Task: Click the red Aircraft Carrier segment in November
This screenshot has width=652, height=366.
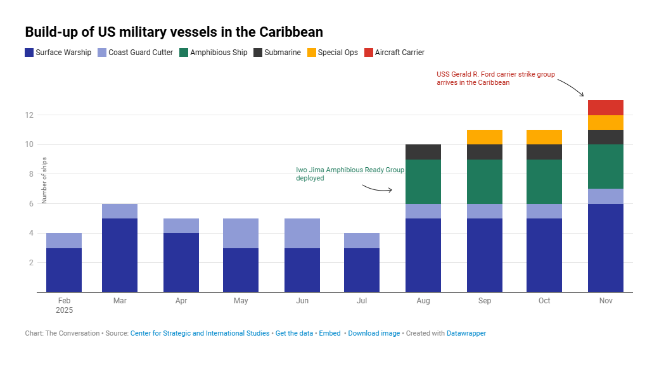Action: pos(605,108)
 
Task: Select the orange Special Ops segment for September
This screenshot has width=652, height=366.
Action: pos(484,137)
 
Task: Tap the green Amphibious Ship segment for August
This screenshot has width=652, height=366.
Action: pos(423,181)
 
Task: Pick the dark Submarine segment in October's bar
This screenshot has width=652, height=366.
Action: pos(544,152)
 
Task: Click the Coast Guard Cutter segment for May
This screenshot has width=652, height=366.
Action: pos(241,233)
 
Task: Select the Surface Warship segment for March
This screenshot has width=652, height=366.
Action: pos(120,255)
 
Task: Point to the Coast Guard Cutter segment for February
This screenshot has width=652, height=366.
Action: pos(64,241)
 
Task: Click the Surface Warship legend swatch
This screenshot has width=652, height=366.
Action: pos(29,53)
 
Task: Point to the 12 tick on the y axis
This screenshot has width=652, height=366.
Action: pos(29,115)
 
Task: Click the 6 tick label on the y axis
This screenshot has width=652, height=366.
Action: pos(30,204)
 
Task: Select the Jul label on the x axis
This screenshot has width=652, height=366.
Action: pos(362,301)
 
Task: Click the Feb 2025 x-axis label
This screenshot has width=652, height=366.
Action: pos(64,305)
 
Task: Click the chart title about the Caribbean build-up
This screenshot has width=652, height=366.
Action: pos(174,32)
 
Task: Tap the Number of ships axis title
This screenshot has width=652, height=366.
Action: pos(45,180)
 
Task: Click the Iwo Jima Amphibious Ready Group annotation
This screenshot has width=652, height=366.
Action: pos(350,174)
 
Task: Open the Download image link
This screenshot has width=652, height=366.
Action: pos(374,333)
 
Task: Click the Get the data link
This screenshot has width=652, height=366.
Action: pos(294,333)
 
